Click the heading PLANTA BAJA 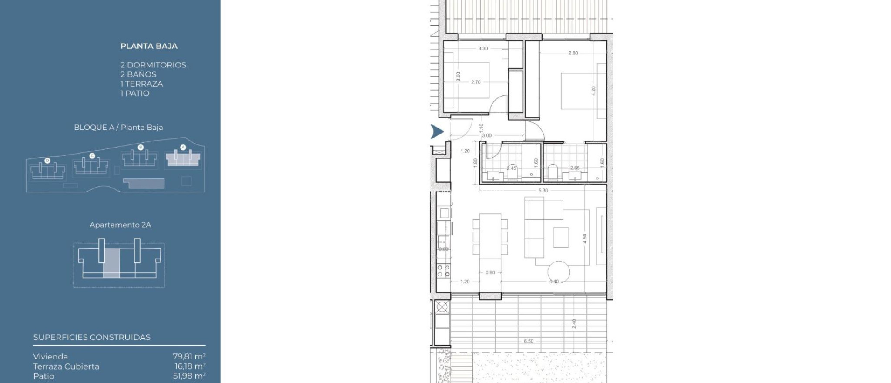(x=149, y=46)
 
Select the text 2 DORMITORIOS (x=153, y=65)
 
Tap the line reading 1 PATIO (x=135, y=93)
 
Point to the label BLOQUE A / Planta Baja (x=118, y=128)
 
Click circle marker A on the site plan (x=183, y=148)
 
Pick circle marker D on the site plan (x=47, y=161)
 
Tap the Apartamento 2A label (x=120, y=225)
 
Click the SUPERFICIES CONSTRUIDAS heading (x=92, y=337)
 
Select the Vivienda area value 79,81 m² (x=189, y=357)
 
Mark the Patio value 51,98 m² (x=189, y=376)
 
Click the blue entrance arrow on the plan (x=437, y=131)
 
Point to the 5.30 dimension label (x=543, y=191)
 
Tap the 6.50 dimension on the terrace (x=529, y=341)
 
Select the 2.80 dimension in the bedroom (x=573, y=53)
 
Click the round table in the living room (x=559, y=272)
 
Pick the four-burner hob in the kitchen (x=443, y=271)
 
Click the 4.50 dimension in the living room (x=585, y=239)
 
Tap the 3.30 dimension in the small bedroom (x=483, y=49)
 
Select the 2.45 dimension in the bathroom (x=512, y=168)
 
